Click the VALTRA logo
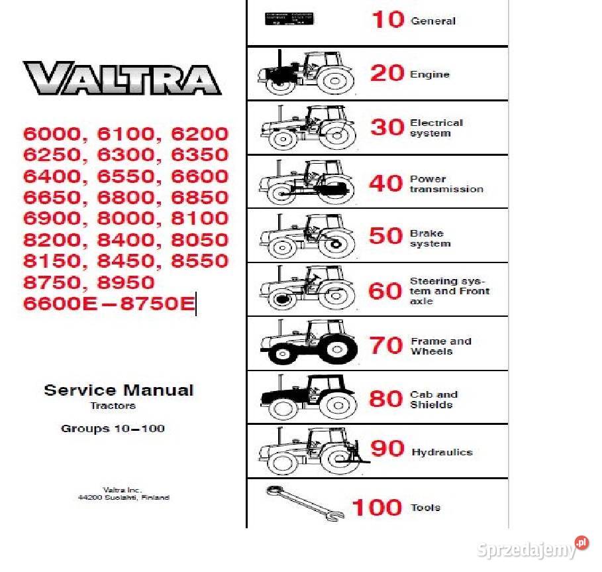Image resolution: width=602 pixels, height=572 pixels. coord(123,78)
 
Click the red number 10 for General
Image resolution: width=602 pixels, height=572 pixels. coord(387,20)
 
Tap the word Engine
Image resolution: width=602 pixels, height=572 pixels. coord(430,75)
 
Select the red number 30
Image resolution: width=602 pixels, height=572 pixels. coord(387,127)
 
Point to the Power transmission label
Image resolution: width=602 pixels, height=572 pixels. coord(446,184)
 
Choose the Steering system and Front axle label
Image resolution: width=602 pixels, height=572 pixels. coord(449,291)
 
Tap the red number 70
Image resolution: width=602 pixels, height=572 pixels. coord(386,345)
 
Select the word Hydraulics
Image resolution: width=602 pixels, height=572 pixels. coord(442,452)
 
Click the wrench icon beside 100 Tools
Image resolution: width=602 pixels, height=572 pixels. coord(305,503)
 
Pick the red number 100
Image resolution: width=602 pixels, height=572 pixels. coord(377,508)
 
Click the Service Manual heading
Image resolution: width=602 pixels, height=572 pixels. coord(119,390)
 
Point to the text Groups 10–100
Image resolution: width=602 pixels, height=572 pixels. coord(113,429)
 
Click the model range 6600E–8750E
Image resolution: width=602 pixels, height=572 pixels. coord(109,304)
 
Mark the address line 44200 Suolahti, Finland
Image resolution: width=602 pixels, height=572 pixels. coord(119,497)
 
